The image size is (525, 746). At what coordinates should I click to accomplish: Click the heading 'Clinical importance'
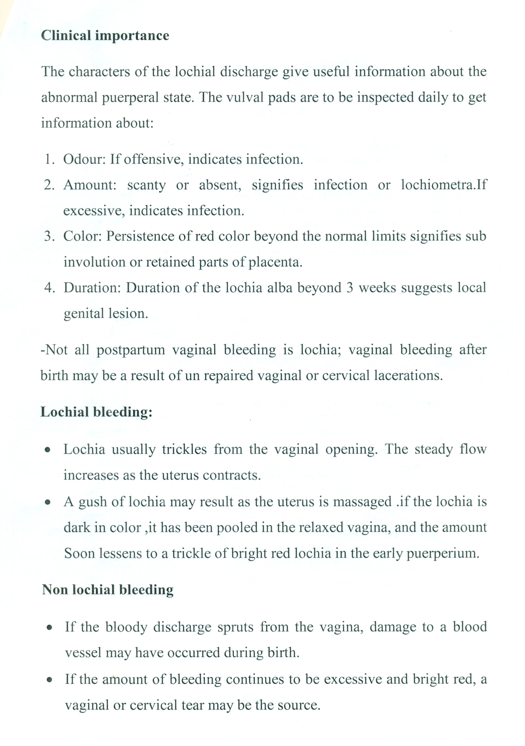[105, 35]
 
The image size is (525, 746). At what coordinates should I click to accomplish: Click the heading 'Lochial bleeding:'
[96, 412]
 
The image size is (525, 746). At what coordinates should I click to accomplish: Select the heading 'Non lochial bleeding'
[108, 589]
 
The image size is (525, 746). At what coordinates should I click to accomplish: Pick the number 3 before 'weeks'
[349, 288]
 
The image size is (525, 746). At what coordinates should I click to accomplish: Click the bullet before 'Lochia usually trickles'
[48, 450]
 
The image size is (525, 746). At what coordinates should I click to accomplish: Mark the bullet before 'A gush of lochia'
[48, 502]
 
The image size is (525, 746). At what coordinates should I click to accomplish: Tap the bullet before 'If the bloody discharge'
[49, 628]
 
